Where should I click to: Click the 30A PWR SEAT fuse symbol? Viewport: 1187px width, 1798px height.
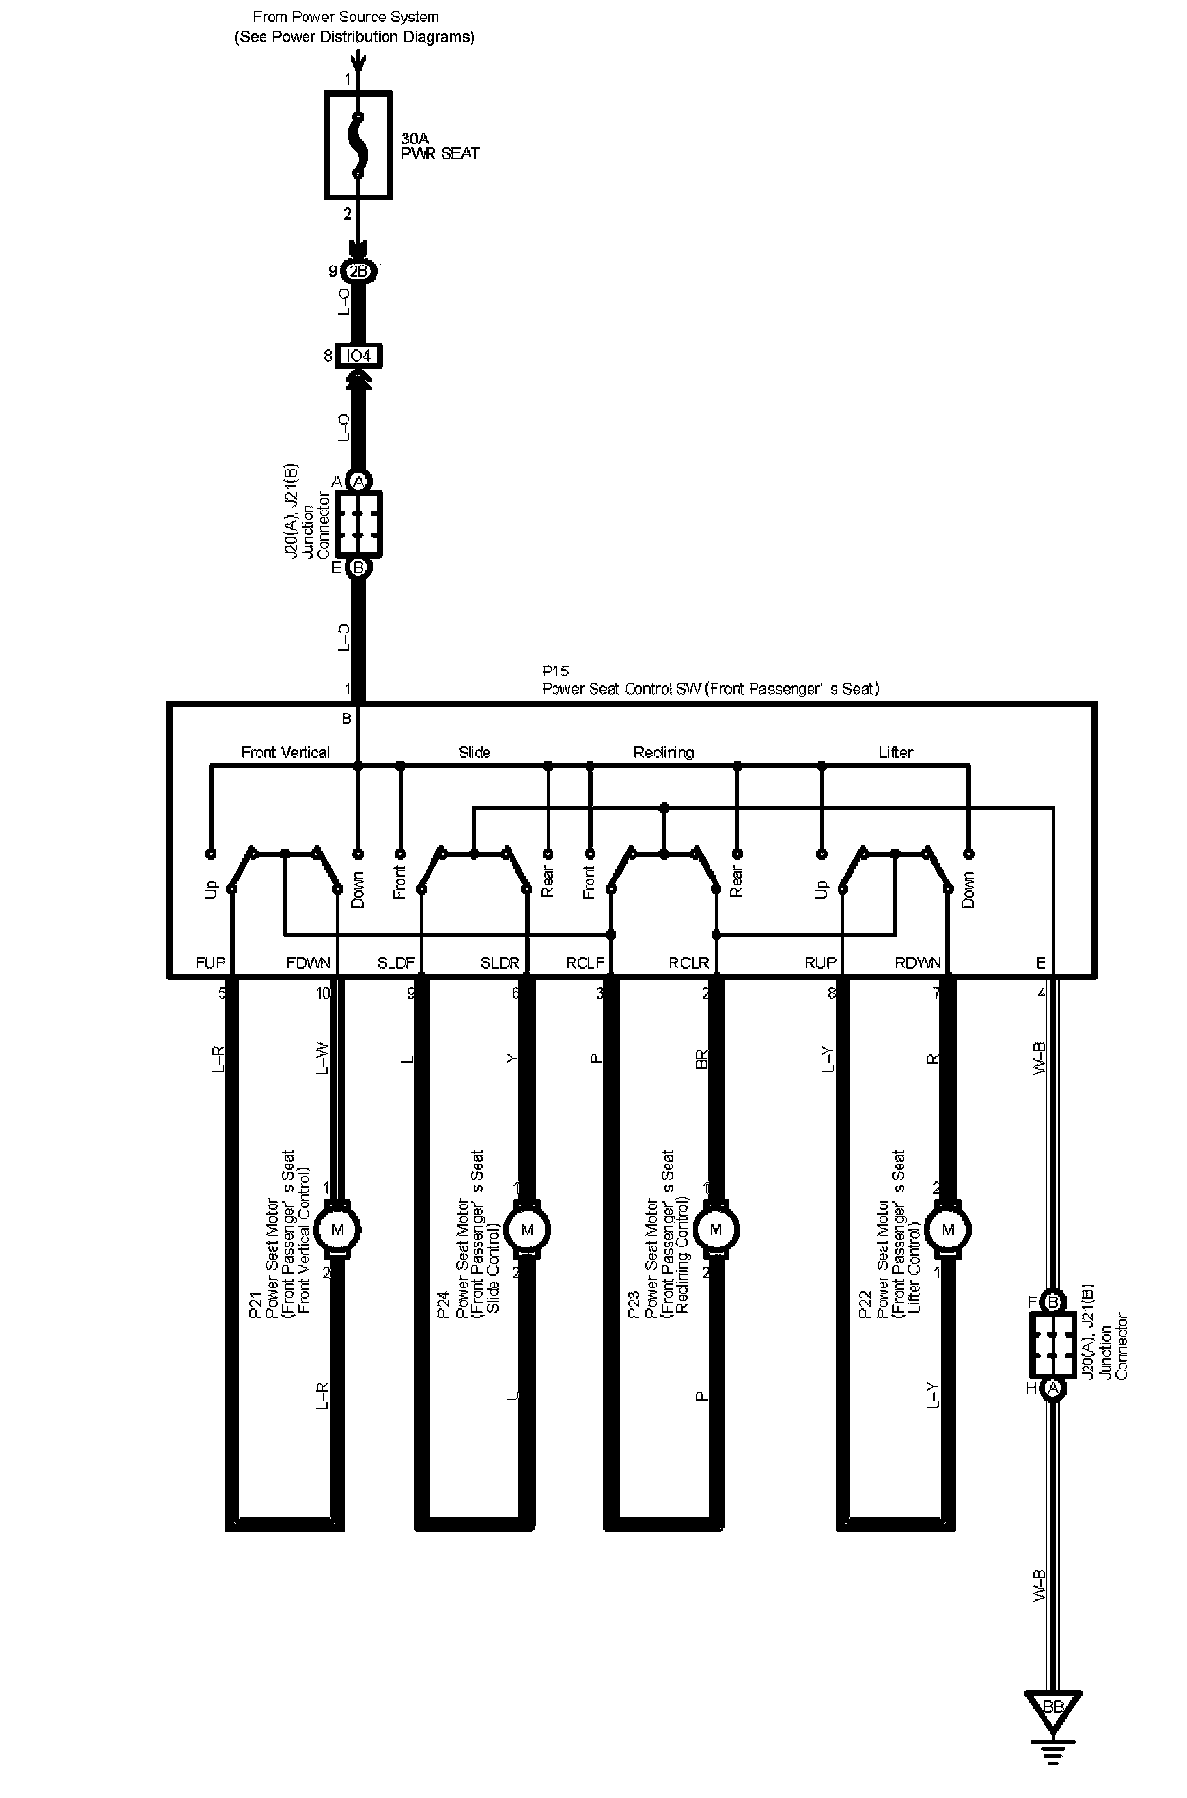click(x=358, y=145)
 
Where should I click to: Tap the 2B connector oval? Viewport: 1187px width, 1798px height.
click(x=358, y=271)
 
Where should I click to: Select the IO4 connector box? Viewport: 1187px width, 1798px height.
click(x=358, y=356)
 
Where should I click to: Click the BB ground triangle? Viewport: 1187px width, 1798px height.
click(x=1052, y=1707)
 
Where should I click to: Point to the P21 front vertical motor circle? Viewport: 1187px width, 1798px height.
click(x=338, y=1229)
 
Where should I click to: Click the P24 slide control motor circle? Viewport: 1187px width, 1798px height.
click(x=528, y=1229)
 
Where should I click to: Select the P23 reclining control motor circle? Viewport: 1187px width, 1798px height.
click(x=716, y=1229)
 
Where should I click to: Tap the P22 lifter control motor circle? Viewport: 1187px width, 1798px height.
click(x=946, y=1229)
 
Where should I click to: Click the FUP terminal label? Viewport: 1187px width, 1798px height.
click(x=210, y=962)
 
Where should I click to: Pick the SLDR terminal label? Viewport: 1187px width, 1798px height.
click(x=500, y=962)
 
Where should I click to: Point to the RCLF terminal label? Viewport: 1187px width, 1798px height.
click(x=586, y=962)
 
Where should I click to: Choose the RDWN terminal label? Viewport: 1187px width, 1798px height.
click(x=918, y=962)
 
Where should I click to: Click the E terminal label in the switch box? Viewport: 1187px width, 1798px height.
click(x=1041, y=962)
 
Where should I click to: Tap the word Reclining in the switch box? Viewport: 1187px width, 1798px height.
click(x=664, y=753)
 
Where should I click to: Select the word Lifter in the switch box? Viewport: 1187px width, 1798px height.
click(x=895, y=753)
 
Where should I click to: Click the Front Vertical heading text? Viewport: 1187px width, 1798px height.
click(x=285, y=753)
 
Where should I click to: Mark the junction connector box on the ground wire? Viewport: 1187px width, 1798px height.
click(x=1052, y=1345)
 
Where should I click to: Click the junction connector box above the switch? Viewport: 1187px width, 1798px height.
click(x=358, y=524)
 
